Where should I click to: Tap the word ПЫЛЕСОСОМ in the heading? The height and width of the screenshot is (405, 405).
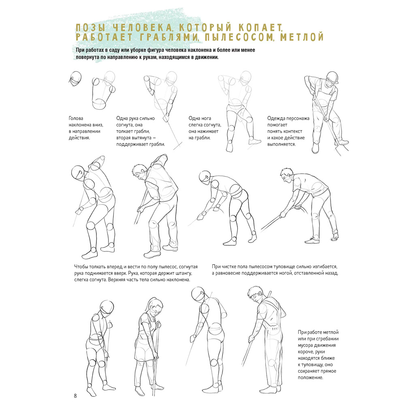click(x=239, y=37)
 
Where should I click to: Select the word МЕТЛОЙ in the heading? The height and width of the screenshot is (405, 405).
click(x=302, y=37)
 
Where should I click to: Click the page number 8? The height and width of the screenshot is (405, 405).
click(x=75, y=396)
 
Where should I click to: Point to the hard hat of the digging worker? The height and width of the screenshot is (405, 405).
click(x=333, y=77)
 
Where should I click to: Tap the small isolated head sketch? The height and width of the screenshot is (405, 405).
click(x=75, y=79)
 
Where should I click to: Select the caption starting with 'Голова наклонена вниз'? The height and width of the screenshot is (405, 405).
click(x=86, y=128)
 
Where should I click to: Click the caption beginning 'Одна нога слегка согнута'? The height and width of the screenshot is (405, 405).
click(x=205, y=128)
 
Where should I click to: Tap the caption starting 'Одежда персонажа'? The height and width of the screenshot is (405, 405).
click(x=288, y=131)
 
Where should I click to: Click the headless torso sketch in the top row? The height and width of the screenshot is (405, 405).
click(x=103, y=94)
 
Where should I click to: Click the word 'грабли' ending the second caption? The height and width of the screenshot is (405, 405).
click(x=157, y=145)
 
